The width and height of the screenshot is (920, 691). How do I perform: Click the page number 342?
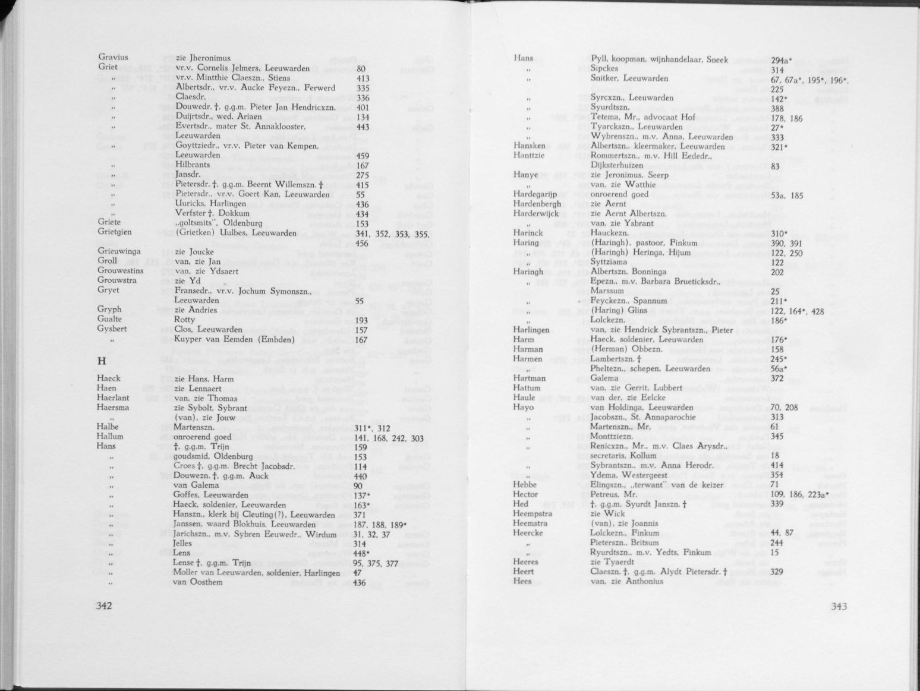tap(105, 605)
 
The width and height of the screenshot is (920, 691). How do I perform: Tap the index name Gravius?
tap(113, 58)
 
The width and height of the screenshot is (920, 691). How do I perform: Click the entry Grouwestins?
tap(121, 270)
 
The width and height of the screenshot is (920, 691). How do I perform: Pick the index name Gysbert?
tap(113, 329)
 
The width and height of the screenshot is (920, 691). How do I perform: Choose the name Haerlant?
tap(113, 397)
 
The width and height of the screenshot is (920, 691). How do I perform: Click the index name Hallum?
tap(111, 436)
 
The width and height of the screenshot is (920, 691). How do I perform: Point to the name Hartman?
tap(529, 378)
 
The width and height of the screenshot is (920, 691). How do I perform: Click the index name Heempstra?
tap(533, 513)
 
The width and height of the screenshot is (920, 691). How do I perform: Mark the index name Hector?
tap(525, 494)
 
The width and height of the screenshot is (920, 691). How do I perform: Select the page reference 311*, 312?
tap(371, 427)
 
